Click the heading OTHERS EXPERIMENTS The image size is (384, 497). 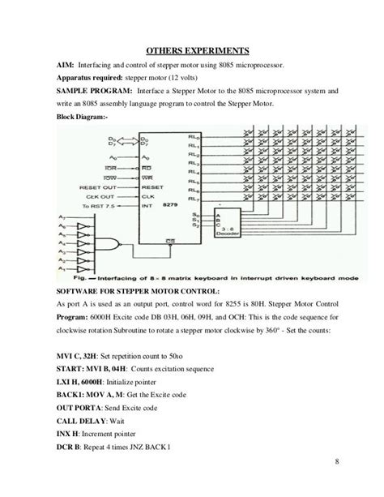[x=190, y=47]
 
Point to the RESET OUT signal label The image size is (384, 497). [x=98, y=186]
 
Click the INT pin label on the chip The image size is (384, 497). [x=147, y=206]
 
